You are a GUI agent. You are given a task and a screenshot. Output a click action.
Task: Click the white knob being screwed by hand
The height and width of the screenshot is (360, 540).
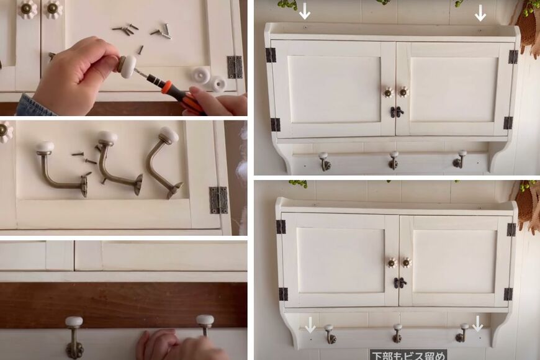(127, 64)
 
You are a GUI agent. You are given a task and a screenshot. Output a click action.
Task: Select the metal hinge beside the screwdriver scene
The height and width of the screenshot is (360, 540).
(235, 67)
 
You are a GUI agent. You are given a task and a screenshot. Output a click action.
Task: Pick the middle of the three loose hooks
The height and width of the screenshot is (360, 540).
(117, 162)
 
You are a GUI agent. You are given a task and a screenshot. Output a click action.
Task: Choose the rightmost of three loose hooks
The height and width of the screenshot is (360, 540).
(164, 161)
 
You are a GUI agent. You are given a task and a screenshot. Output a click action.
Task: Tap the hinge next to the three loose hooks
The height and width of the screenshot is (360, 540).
(218, 200)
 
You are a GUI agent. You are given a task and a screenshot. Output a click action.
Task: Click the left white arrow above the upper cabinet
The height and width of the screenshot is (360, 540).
(304, 11)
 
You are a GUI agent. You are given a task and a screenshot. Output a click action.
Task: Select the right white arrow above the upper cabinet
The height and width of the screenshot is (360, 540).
(480, 13)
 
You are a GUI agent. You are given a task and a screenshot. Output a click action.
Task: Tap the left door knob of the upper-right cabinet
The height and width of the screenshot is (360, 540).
(389, 92)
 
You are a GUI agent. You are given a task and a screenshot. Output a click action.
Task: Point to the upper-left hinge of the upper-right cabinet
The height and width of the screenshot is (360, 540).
(271, 55)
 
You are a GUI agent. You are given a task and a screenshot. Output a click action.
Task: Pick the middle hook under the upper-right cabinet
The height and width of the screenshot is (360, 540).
(394, 160)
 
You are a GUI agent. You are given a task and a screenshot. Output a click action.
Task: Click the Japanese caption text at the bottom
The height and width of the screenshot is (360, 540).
(408, 355)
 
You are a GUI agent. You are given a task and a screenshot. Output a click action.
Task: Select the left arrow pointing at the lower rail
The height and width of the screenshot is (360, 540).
(310, 325)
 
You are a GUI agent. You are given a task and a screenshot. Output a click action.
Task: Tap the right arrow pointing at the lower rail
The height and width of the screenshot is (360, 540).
(477, 323)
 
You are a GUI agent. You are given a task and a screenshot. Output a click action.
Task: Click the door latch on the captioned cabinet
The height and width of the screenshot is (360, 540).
(400, 282)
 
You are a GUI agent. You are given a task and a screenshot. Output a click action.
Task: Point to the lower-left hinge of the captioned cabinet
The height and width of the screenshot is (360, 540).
(283, 294)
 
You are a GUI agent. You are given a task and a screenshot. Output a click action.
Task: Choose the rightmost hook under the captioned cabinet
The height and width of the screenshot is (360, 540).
(462, 333)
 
